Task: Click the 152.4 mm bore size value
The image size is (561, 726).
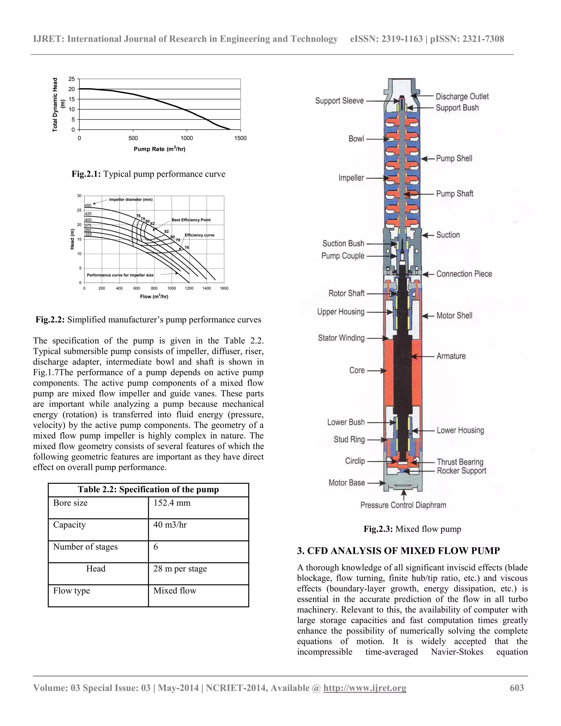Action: coord(172,503)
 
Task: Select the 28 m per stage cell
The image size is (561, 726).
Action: coord(180,568)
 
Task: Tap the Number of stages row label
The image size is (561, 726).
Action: coord(85,547)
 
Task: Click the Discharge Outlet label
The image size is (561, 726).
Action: coord(462,96)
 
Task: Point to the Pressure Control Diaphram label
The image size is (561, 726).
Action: coord(403,505)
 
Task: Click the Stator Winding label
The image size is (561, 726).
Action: coord(341,338)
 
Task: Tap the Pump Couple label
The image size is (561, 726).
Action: coord(343,256)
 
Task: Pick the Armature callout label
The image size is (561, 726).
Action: coord(451,356)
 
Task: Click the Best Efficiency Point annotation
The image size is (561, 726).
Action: coord(191,220)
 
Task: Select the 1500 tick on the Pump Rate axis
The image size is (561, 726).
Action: coord(240,138)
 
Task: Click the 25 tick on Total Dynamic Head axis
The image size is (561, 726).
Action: coord(72,79)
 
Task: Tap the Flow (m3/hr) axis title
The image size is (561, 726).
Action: coord(154,296)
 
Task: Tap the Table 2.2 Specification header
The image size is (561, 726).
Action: coord(148,489)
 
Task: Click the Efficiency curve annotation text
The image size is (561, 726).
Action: coord(199,235)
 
